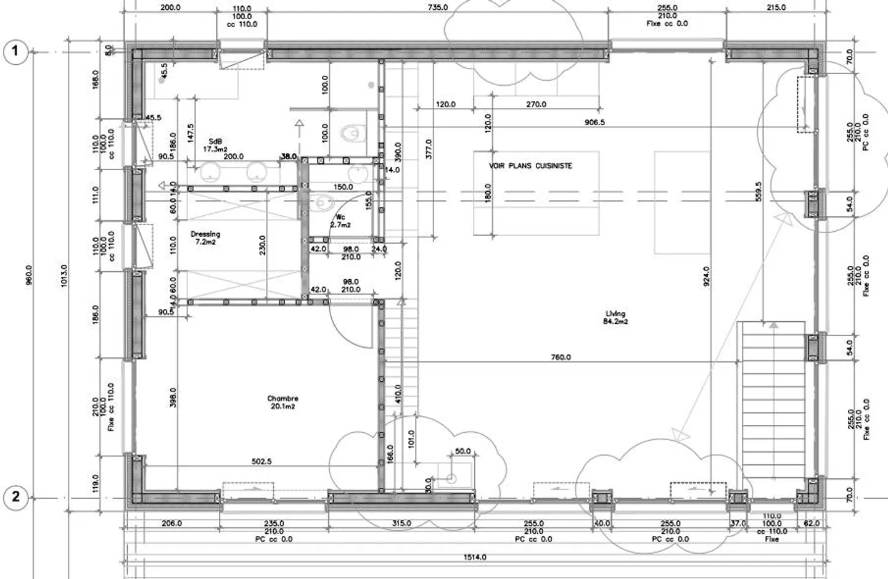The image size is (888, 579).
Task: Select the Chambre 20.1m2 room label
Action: tap(282, 402)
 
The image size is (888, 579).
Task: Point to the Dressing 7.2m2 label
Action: tap(205, 238)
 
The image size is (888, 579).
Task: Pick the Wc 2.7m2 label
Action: tap(340, 221)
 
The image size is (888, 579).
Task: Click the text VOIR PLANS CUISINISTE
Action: tap(530, 166)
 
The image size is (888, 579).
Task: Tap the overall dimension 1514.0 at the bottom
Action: tap(475, 557)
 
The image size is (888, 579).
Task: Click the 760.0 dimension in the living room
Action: tap(561, 357)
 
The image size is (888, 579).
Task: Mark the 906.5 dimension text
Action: tap(594, 122)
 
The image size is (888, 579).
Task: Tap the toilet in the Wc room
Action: tap(322, 201)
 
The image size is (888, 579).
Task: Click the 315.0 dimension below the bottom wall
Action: tap(401, 524)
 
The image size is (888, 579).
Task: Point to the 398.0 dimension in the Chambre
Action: tap(173, 398)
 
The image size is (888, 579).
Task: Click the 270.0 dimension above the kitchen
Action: tap(536, 104)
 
